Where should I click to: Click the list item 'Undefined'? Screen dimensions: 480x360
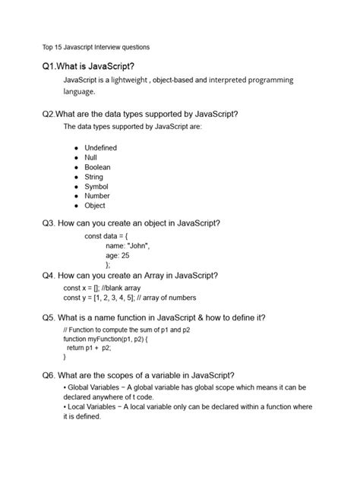[x=100, y=147]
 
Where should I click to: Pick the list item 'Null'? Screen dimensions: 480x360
[x=91, y=157]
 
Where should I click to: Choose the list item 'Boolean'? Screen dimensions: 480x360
[x=97, y=167]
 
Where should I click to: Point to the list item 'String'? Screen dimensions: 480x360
[x=94, y=177]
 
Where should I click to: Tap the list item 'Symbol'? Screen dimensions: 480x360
[x=96, y=186]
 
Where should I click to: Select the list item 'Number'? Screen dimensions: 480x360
[x=97, y=196]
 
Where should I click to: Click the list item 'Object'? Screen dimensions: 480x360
[x=95, y=206]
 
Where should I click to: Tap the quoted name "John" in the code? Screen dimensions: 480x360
[x=139, y=246]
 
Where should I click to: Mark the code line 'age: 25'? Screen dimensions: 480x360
[x=118, y=256]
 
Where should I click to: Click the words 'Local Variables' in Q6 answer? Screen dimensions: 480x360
[x=95, y=408]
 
